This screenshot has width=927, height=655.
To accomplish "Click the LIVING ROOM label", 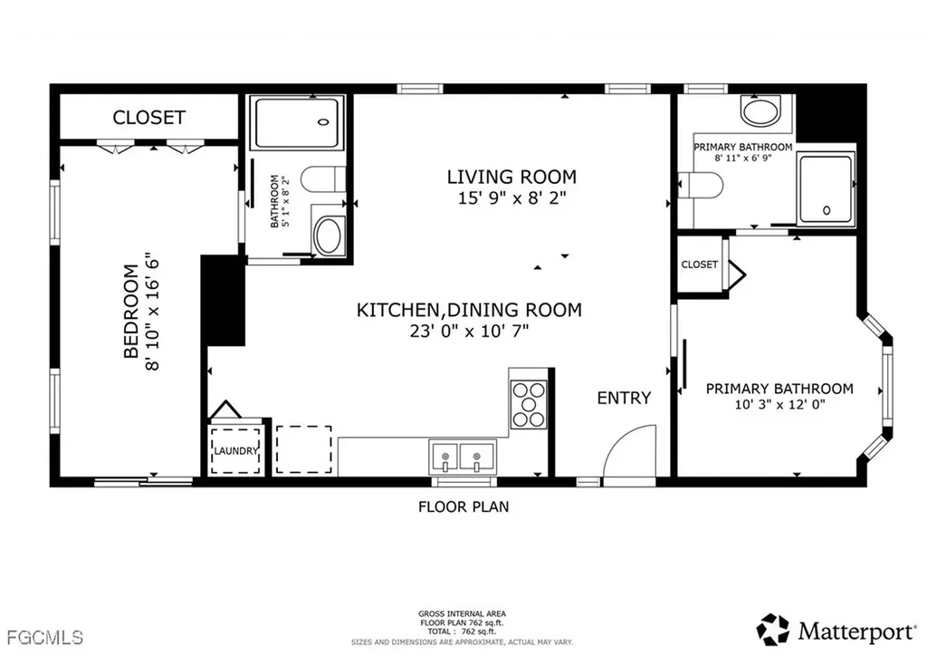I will point(511,177).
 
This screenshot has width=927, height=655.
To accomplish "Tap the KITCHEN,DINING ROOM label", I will point(468,310).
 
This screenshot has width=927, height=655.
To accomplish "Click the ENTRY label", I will point(623,398).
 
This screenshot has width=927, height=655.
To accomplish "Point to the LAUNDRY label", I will point(236,451).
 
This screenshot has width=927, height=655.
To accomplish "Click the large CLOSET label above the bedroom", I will point(148,117).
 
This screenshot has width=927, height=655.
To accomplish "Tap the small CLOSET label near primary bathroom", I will point(699,265).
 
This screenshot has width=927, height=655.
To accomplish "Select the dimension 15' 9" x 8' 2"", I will point(511,198).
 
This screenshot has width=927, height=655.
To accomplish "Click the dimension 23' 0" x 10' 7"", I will point(468,332).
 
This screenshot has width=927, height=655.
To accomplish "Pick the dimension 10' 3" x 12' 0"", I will point(779,406).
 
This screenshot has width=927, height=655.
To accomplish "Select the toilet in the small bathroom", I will point(318,179).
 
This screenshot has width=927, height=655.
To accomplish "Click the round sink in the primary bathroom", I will point(760,112).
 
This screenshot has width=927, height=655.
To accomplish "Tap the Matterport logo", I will point(838,628).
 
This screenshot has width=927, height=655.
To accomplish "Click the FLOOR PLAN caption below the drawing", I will point(463,506).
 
